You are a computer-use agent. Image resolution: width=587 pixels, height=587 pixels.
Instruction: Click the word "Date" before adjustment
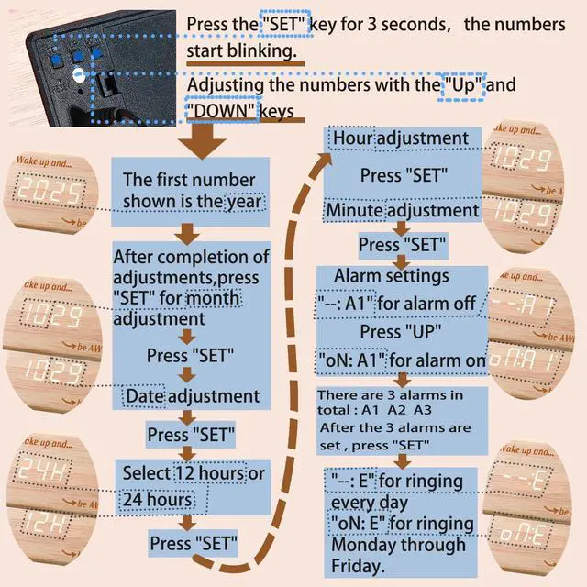pyautogui.click(x=144, y=395)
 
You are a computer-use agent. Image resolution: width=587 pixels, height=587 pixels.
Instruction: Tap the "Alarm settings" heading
pyautogui.click(x=392, y=275)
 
